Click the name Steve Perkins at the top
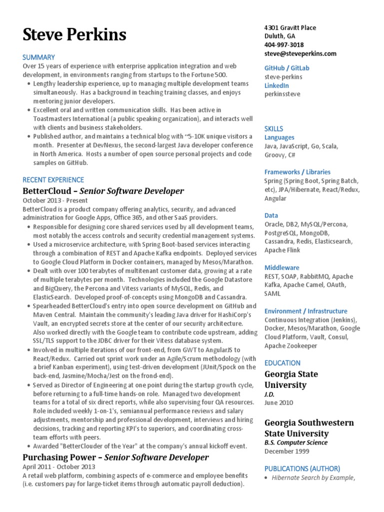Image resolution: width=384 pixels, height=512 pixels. (74, 34)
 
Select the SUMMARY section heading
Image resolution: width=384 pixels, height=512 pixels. (38, 57)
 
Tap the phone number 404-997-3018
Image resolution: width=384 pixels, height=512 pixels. (284, 44)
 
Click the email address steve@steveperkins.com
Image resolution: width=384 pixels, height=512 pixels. (300, 53)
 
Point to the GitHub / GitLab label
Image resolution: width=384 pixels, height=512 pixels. (286, 68)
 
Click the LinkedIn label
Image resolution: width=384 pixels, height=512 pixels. (276, 85)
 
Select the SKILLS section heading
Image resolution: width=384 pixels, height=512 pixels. (273, 128)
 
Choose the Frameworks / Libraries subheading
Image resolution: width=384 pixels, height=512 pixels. (297, 171)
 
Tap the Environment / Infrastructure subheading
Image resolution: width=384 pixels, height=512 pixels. (305, 311)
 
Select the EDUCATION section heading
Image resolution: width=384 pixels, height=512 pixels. (282, 363)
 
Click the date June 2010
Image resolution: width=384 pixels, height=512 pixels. (279, 402)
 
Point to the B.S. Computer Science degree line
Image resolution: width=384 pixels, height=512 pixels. (296, 442)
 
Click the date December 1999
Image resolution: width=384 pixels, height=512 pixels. (287, 451)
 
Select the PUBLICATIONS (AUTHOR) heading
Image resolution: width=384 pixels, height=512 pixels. (302, 468)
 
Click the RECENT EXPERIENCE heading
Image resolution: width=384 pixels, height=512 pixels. (53, 179)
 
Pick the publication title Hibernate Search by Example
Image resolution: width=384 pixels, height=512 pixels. (313, 478)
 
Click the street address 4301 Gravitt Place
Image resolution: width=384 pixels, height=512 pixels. (290, 28)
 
